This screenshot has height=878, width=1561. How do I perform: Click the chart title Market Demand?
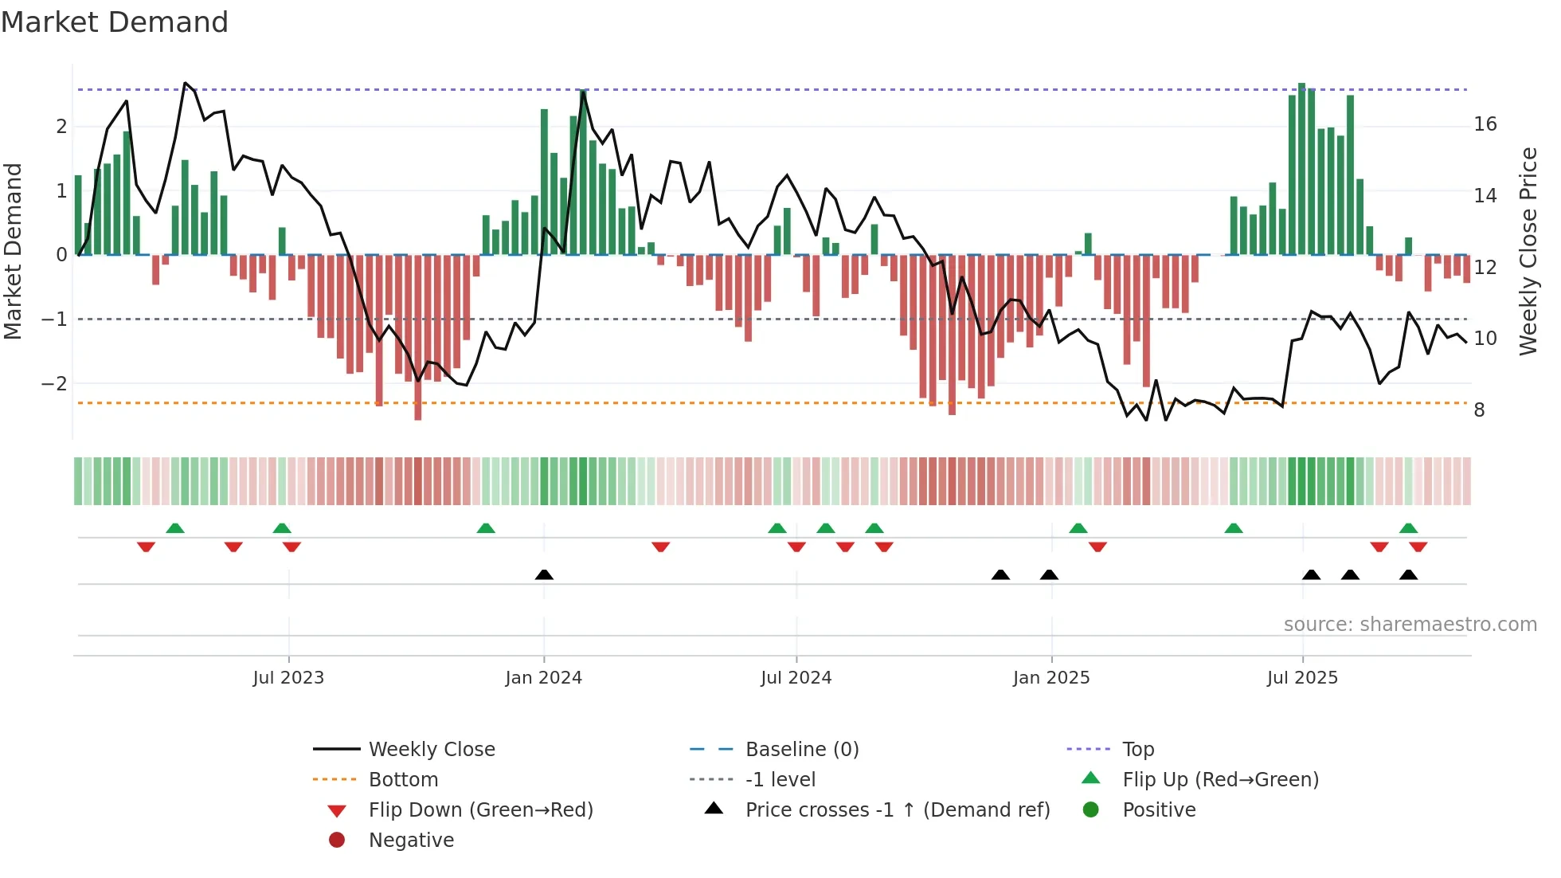coord(115,22)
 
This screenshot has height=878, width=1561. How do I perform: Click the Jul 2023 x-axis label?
coord(288,678)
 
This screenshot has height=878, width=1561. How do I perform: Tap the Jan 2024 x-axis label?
coord(543,678)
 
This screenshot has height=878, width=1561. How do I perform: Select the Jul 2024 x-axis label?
coord(796,678)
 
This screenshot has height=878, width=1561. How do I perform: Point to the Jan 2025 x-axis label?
coord(1050,678)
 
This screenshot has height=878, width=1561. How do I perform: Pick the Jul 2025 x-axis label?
coord(1302,678)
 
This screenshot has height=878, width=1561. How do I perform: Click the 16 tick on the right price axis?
coord(1485,124)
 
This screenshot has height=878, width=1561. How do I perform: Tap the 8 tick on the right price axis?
coord(1479,410)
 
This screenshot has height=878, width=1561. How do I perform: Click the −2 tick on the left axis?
coord(54,383)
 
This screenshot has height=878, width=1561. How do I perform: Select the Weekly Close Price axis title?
coord(1528,251)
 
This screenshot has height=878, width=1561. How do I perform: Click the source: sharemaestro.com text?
coord(1410,625)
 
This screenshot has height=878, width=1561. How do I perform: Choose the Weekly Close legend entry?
coord(431,750)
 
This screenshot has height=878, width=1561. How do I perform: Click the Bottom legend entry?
coord(403,780)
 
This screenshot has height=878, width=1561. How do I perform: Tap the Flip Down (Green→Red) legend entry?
coord(480,810)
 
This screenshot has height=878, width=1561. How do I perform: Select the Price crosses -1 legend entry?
coord(897,810)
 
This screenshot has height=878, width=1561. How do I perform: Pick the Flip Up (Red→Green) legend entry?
coord(1220,780)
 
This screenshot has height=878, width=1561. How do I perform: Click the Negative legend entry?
coord(411,841)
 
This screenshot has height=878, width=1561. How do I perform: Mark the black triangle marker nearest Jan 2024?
coord(544,574)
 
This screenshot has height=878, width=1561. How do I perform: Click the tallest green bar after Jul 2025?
coord(1301,167)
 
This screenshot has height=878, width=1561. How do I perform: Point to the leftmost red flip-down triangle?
coord(146,547)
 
